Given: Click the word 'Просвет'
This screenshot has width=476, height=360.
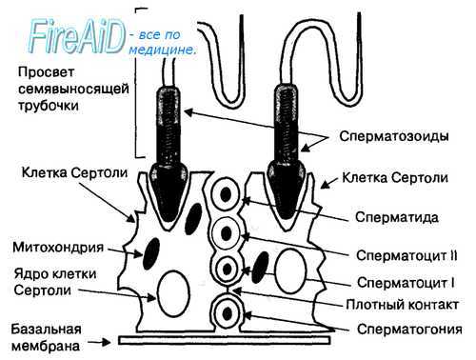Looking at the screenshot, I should (47, 72).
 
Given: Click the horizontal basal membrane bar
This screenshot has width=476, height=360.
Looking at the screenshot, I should (228, 338).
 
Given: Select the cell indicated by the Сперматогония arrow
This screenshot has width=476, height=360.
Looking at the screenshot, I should (228, 311).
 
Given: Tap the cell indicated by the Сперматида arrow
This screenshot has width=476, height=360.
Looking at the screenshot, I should (228, 193).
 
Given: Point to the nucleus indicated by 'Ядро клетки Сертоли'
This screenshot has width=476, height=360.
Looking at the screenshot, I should (172, 287).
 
